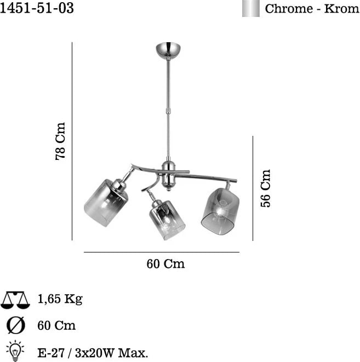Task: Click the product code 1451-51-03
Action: pos(37,8)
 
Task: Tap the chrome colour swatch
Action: pos(251,8)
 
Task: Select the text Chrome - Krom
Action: pos(312,9)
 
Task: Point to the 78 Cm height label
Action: pos(60,141)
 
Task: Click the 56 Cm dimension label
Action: pos(265,188)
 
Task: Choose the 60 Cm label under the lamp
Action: pos(165,263)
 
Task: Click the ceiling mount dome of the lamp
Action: pos(168,50)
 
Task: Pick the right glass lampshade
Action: pos(220,212)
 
